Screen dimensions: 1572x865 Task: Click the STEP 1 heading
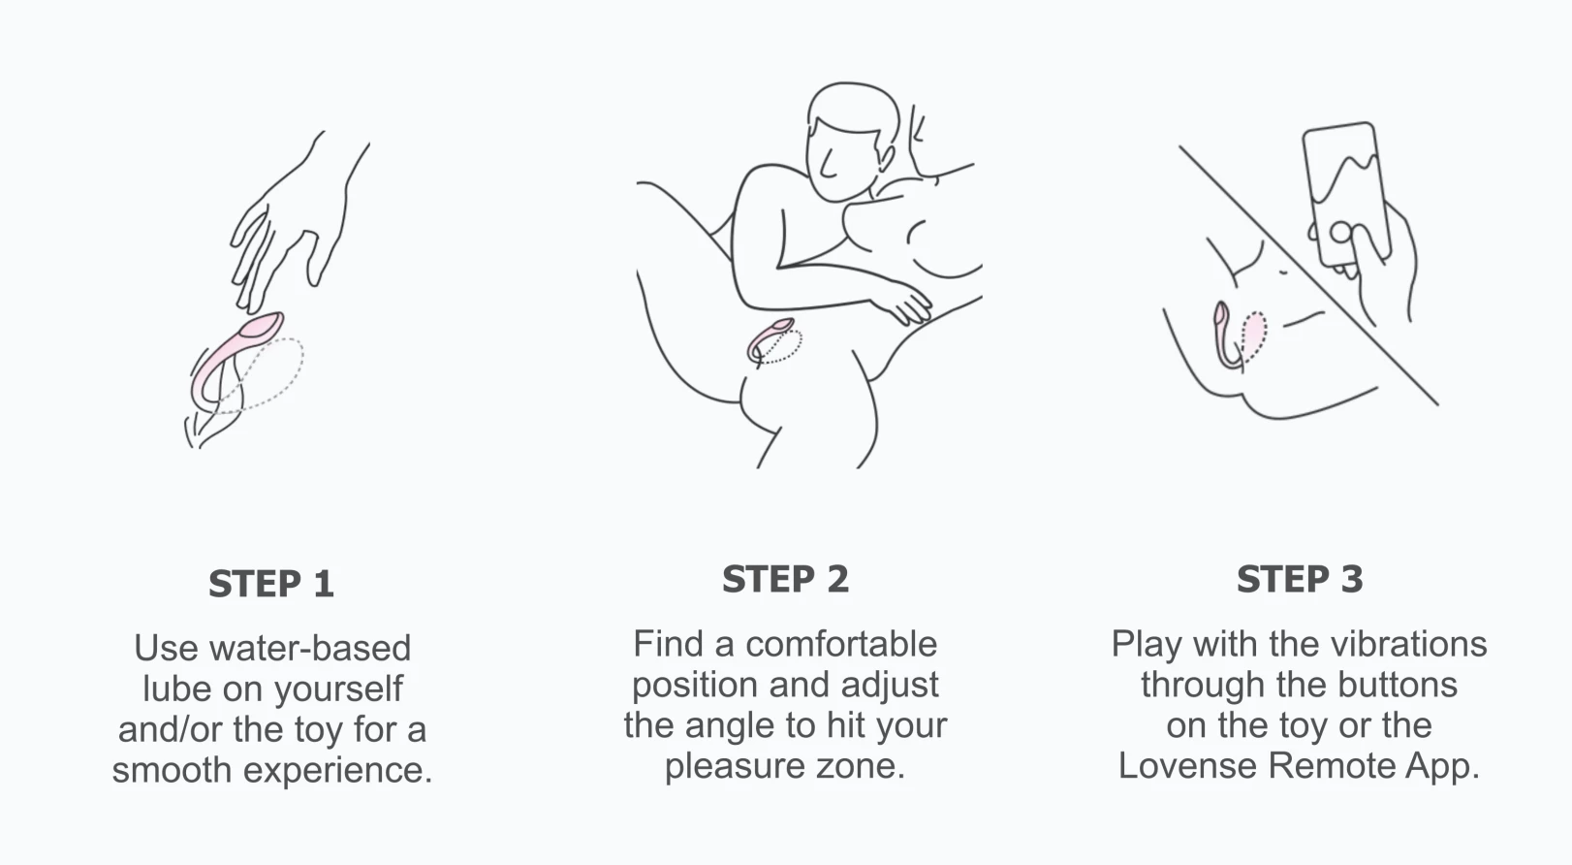click(271, 584)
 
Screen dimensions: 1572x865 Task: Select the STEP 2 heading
click(785, 579)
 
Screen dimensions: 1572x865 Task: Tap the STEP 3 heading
click(1300, 579)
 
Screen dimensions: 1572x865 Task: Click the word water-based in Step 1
click(310, 648)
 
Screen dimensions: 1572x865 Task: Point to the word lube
click(176, 689)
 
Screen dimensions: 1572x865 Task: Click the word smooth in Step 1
click(172, 770)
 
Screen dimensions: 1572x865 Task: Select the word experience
click(337, 770)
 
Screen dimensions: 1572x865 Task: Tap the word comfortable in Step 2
click(840, 644)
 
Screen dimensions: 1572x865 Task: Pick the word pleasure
click(735, 766)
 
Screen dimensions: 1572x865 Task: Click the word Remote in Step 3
click(1332, 765)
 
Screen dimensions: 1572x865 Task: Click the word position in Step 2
click(694, 686)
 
